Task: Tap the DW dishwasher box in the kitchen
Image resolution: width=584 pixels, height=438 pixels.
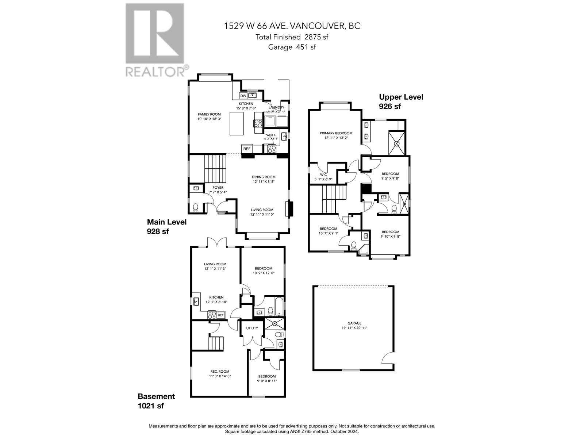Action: [x=243, y=96]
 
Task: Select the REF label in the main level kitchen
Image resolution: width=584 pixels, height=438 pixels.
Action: [x=247, y=149]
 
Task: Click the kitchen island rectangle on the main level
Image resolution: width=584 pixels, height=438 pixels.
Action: [x=237, y=124]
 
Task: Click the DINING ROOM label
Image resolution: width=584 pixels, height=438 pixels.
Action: [x=264, y=177]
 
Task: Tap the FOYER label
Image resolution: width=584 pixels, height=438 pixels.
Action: [x=218, y=188]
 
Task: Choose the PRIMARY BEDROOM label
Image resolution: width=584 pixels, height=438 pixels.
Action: [x=336, y=133]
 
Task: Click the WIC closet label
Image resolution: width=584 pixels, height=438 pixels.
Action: [x=323, y=175]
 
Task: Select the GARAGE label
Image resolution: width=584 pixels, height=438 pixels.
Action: [x=354, y=323]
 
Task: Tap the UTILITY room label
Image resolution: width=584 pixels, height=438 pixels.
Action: [x=252, y=328]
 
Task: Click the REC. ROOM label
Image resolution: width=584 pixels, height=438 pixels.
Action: [x=220, y=372]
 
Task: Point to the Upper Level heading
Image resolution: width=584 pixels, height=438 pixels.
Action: [x=401, y=97]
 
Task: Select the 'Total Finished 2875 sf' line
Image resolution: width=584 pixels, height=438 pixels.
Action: [x=292, y=37]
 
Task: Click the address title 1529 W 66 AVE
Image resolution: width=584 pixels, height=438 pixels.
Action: [x=292, y=26]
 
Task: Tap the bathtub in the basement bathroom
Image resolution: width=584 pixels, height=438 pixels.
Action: [x=279, y=306]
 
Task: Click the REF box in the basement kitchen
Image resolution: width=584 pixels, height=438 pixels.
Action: [x=220, y=315]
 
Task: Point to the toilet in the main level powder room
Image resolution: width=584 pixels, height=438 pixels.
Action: [x=196, y=208]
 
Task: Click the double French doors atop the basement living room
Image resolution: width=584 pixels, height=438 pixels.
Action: [x=217, y=242]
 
